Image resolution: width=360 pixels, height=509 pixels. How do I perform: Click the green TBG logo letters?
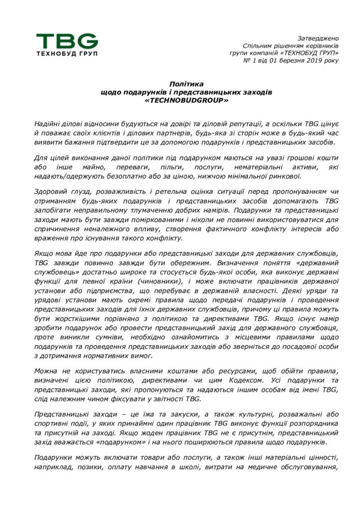(x=67, y=40)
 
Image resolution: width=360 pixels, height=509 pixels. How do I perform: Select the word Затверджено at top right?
(x=318, y=38)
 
